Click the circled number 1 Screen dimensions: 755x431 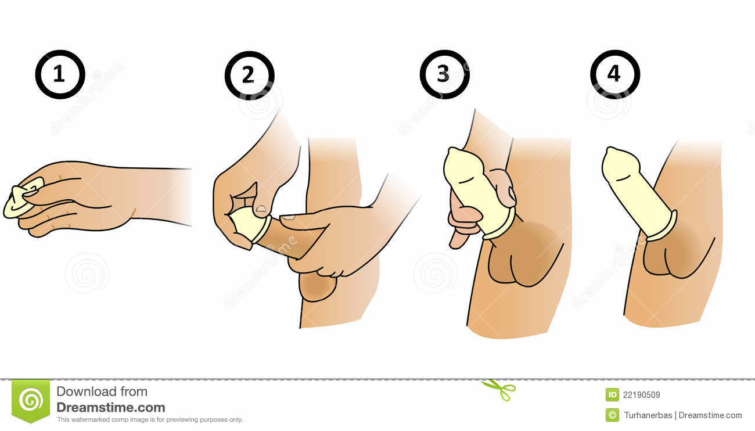click(60, 74)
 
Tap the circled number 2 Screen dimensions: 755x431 click(249, 76)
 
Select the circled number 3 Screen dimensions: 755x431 click(444, 74)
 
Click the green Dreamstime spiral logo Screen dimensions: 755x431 click(31, 401)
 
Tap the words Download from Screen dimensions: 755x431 click(102, 392)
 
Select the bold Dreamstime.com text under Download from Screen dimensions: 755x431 click(111, 407)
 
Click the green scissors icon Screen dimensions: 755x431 click(499, 390)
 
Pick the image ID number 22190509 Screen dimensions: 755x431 click(641, 395)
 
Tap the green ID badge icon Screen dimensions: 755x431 click(612, 394)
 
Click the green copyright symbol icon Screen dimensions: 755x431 click(612, 415)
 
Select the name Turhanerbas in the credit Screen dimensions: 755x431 click(648, 415)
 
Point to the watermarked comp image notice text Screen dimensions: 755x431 click(150, 420)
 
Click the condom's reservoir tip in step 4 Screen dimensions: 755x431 click(612, 151)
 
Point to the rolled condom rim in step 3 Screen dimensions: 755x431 click(499, 224)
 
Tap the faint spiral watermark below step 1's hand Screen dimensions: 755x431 click(87, 273)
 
